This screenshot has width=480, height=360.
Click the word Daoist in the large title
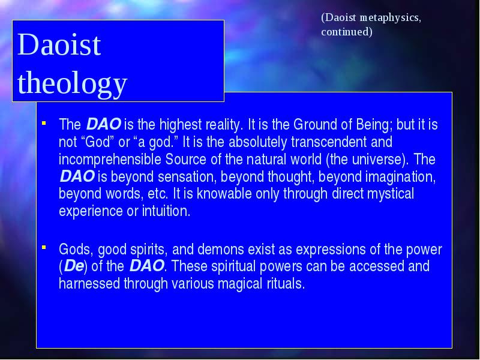pyautogui.click(x=59, y=44)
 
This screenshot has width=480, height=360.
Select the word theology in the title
pyautogui.click(x=72, y=83)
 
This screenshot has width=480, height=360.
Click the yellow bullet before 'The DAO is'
pyautogui.click(x=44, y=123)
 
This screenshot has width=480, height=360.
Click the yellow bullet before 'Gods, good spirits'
pyautogui.click(x=44, y=247)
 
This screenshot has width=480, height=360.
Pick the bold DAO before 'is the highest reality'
pyautogui.click(x=103, y=124)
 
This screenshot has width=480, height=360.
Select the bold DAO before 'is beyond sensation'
pyautogui.click(x=77, y=176)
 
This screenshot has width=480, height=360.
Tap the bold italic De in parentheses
pyautogui.click(x=73, y=266)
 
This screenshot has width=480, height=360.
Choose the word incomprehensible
pyautogui.click(x=110, y=160)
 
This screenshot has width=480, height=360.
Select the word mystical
pyautogui.click(x=391, y=194)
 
